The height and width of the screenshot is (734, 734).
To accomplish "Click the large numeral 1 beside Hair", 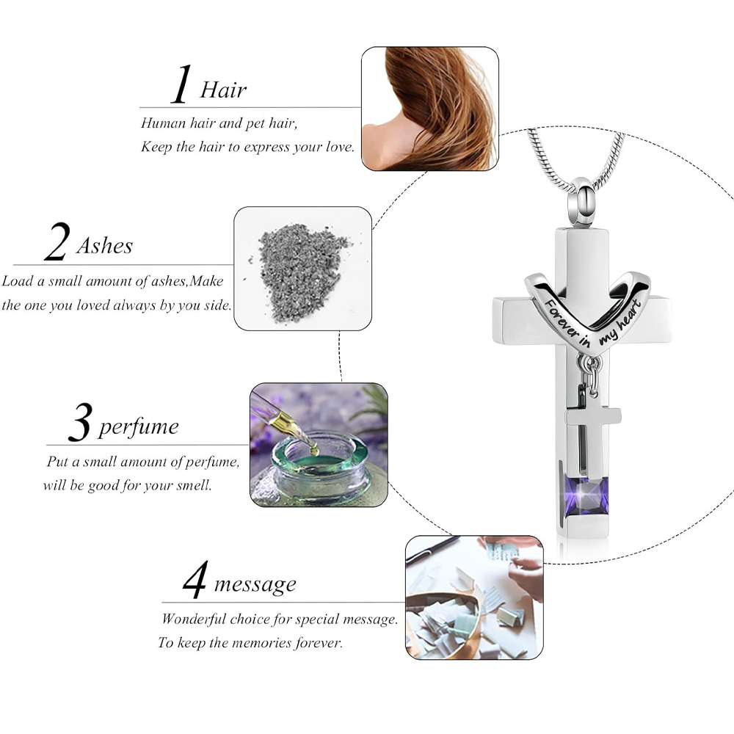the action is [181, 84].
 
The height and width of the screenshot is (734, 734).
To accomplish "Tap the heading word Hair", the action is [223, 90].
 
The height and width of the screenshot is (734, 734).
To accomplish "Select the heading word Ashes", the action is [104, 245].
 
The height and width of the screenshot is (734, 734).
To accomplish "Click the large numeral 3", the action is [79, 422].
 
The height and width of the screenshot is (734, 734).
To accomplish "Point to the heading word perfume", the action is [139, 427].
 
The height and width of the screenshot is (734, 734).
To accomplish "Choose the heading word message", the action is [255, 584].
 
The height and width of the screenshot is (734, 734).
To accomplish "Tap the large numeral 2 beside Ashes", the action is [57, 241].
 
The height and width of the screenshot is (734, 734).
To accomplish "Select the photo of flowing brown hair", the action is [429, 109].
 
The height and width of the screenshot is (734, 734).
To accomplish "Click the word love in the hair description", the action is [339, 147].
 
